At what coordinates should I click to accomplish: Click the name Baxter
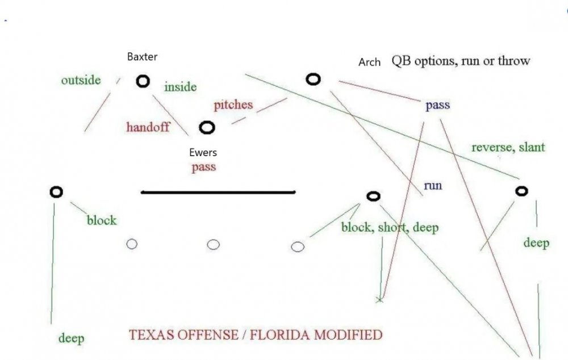click(x=143, y=57)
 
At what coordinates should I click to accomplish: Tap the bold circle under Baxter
click(x=143, y=82)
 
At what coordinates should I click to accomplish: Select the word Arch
click(x=369, y=62)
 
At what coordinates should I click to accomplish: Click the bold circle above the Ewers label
click(x=207, y=128)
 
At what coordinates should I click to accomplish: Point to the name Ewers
click(x=203, y=153)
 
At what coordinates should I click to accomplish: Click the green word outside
click(x=81, y=80)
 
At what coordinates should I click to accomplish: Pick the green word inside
click(x=180, y=87)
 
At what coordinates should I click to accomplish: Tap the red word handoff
click(x=148, y=127)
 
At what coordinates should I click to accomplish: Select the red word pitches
click(x=233, y=105)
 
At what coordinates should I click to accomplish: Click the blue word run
click(x=432, y=186)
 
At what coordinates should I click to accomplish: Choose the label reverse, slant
click(x=508, y=147)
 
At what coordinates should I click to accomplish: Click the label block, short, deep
click(x=390, y=228)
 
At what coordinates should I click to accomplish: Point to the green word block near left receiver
click(x=101, y=220)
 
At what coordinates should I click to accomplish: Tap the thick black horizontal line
click(x=218, y=192)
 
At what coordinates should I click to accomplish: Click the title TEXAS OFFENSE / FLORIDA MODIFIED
click(x=256, y=334)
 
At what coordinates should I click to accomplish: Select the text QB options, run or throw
click(x=460, y=61)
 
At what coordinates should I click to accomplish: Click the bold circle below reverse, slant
click(x=521, y=191)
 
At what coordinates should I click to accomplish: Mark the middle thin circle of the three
click(x=213, y=245)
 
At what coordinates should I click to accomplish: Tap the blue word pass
click(x=437, y=104)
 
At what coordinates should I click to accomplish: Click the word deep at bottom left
click(x=71, y=339)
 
